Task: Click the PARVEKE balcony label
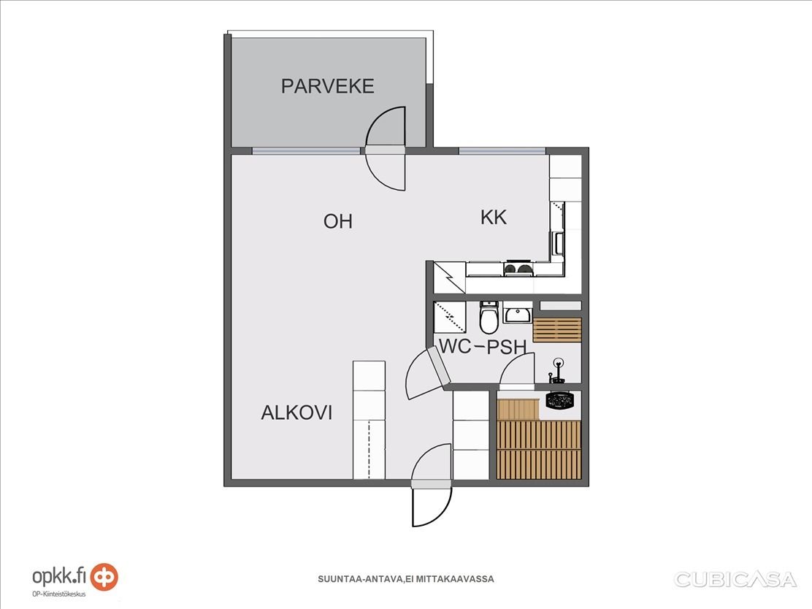[327, 86]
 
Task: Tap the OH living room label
[337, 222]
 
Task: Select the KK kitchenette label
[494, 218]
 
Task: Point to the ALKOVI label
[296, 413]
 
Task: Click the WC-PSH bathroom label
[483, 346]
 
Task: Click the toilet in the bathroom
[489, 317]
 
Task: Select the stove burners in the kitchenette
[518, 269]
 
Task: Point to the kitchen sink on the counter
[558, 243]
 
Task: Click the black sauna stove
[560, 400]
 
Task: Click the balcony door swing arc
[386, 149]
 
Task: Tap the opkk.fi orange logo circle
[104, 577]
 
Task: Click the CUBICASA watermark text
[735, 580]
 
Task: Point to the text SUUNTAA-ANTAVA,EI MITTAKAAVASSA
[406, 579]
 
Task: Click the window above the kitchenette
[502, 151]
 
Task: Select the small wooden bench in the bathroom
[557, 330]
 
